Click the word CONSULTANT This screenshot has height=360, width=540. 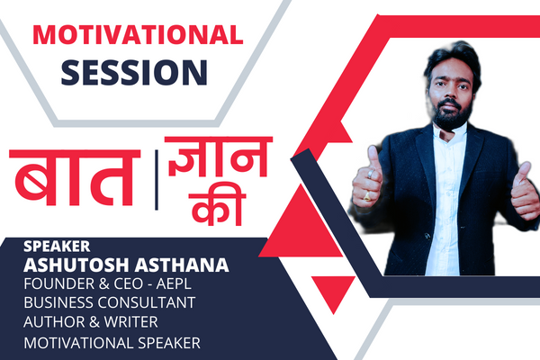(181, 306)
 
